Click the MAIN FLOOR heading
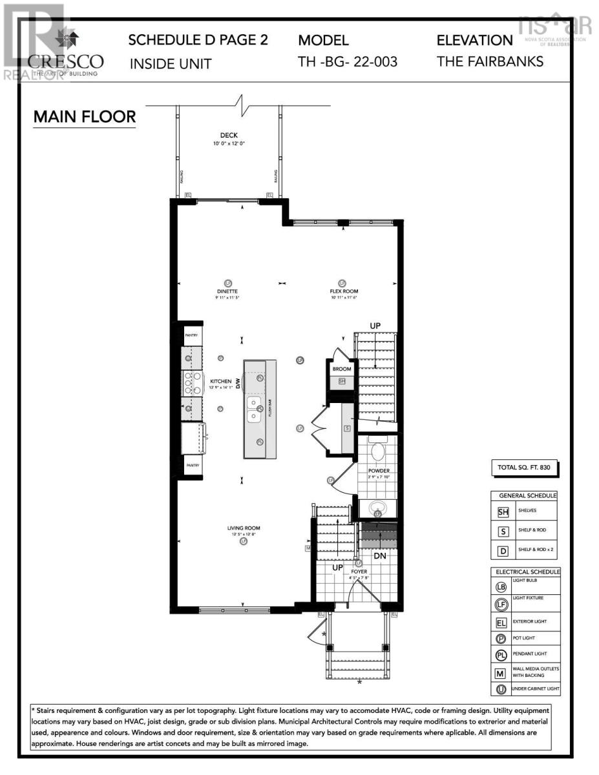pos(85,117)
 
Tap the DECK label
pos(229,136)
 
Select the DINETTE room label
pos(227,291)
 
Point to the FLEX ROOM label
pos(343,291)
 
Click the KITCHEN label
pos(220,382)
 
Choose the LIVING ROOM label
pos(243,528)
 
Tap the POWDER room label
pos(379,471)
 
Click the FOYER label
pos(359,572)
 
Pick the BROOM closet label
pos(342,369)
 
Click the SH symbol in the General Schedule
pos(503,512)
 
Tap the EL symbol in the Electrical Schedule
pos(501,624)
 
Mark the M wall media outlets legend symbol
pos(501,674)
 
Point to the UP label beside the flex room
pos(376,325)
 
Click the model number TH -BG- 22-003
pos(348,62)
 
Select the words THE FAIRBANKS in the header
pos(490,62)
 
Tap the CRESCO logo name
pos(65,62)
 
